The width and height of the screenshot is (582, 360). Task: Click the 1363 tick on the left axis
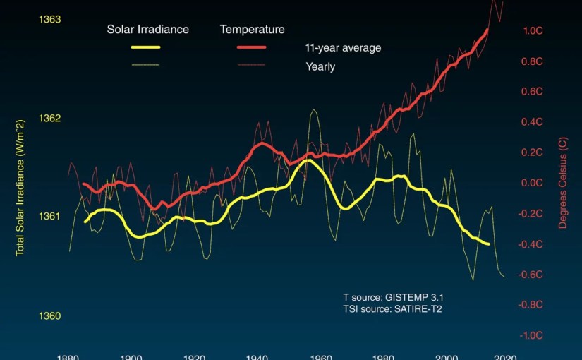click(51, 19)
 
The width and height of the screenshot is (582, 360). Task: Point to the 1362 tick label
click(51, 118)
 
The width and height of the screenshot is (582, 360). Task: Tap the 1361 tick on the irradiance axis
click(51, 217)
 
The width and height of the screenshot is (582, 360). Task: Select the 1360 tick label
click(51, 316)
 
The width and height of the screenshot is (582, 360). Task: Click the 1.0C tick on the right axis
click(533, 30)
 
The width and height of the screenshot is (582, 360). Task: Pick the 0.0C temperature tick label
click(533, 183)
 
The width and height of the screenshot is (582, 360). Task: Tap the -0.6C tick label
click(531, 275)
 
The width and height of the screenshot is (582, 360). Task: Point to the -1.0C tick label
click(531, 335)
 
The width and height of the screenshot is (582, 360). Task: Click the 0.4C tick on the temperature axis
click(533, 122)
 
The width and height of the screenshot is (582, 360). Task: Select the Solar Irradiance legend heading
click(147, 30)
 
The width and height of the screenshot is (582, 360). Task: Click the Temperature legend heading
click(252, 30)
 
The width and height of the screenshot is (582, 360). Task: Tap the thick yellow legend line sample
click(146, 47)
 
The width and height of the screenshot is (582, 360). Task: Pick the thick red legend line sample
click(252, 47)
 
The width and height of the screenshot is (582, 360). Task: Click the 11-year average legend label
click(343, 48)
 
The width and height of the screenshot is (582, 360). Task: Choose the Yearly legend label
click(320, 67)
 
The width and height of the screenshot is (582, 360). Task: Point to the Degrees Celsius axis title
click(563, 182)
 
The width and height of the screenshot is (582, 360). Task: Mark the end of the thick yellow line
click(489, 244)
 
